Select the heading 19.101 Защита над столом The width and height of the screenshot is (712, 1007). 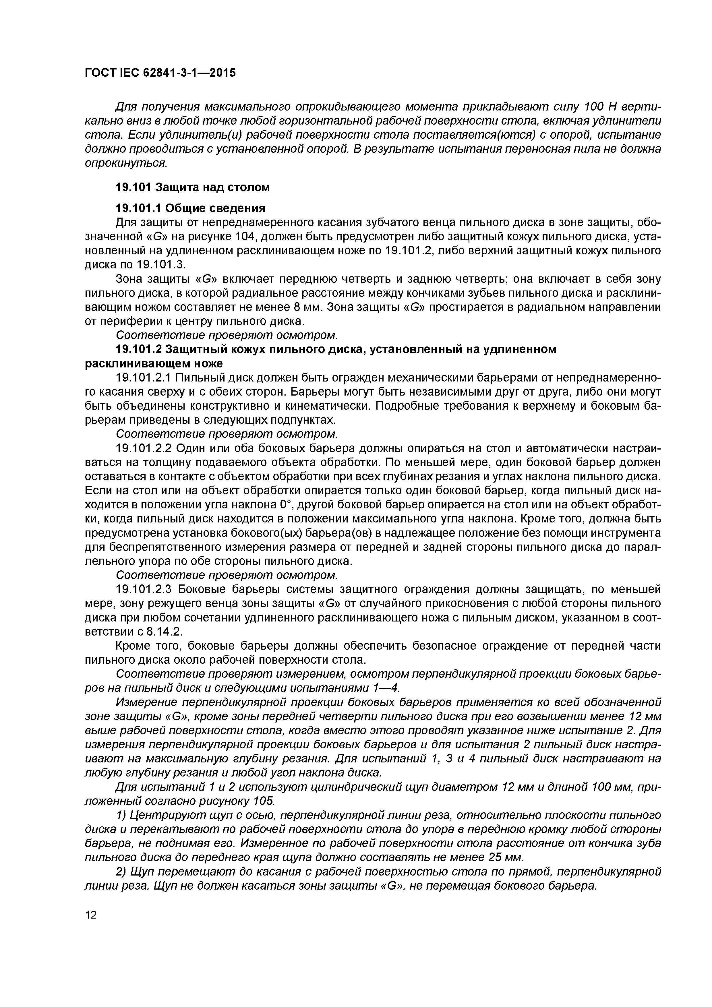(192, 187)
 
